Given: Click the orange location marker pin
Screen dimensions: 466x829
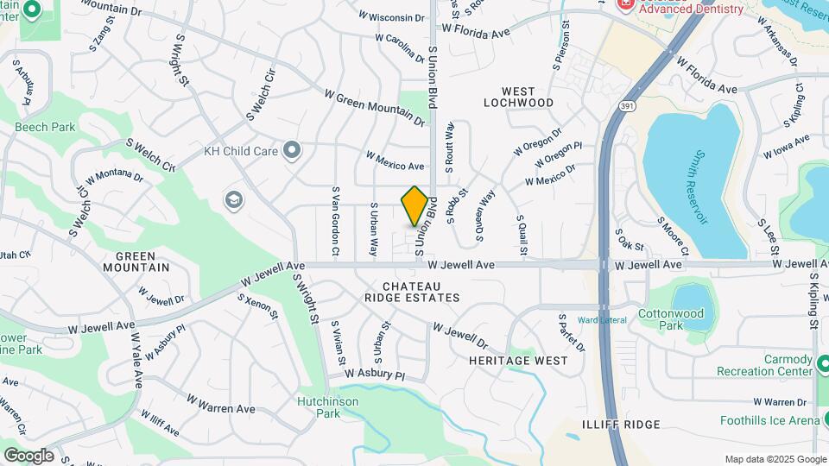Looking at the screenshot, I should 414,205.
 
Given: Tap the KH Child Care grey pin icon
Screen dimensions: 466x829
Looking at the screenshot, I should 292,151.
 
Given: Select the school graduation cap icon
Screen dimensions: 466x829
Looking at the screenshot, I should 233,200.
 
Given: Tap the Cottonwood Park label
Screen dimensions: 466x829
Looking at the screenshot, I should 672,319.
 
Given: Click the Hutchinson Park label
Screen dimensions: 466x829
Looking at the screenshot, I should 329,407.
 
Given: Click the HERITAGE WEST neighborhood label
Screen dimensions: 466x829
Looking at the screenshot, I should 519,360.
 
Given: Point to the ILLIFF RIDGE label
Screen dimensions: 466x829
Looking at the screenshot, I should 620,425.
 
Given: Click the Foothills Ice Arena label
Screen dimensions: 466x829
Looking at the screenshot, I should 769,421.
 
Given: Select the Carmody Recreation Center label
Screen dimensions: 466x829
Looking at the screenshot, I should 764,365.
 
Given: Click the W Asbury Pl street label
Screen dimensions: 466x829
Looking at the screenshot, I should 374,375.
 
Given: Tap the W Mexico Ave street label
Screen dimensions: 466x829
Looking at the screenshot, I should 395,161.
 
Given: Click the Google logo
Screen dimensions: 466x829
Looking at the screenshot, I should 28,456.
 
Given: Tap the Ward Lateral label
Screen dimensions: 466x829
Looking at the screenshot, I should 602,320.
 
